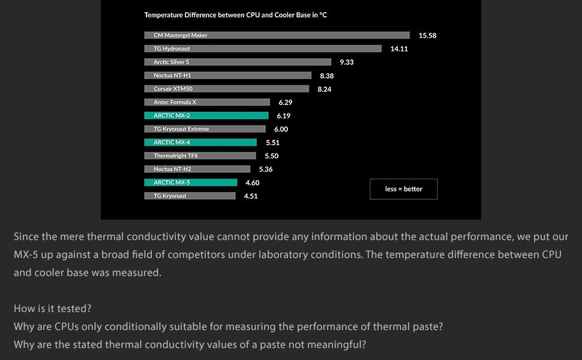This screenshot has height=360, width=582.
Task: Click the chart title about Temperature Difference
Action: [235, 15]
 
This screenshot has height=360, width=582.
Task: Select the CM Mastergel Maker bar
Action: [277, 35]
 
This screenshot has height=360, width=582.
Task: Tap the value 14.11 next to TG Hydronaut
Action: [399, 49]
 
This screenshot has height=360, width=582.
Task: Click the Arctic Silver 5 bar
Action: [238, 62]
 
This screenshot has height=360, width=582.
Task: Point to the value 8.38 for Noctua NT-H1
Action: [327, 76]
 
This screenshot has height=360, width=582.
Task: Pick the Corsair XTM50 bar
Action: [227, 89]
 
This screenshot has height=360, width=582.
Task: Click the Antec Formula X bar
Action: [207, 102]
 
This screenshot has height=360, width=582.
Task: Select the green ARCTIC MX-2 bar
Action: [206, 115]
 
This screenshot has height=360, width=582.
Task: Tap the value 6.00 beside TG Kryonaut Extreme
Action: [281, 130]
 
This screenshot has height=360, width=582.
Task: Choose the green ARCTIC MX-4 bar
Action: [200, 142]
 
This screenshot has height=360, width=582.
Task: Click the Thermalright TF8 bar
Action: [200, 155]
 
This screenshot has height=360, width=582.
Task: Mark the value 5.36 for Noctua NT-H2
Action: [266, 169]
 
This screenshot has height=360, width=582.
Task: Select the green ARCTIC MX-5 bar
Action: [191, 182]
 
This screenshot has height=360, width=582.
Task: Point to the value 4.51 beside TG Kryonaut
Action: [251, 196]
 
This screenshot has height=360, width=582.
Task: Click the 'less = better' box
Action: [403, 189]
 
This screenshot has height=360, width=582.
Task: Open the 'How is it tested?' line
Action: [53, 308]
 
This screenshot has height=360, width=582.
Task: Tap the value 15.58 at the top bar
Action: [427, 36]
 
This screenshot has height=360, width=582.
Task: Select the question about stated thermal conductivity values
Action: [190, 344]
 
